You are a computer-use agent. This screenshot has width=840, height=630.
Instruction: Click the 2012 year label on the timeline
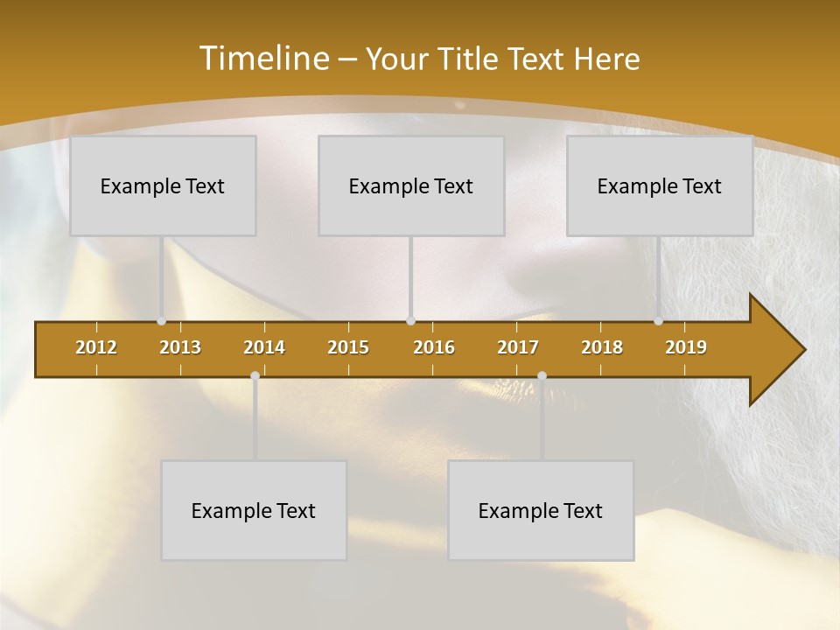pyautogui.click(x=96, y=347)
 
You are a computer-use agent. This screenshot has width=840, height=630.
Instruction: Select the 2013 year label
pyautogui.click(x=180, y=347)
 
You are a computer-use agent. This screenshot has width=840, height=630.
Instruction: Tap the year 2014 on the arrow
pyautogui.click(x=264, y=347)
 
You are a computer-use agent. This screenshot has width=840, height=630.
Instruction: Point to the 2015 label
pyautogui.click(x=348, y=347)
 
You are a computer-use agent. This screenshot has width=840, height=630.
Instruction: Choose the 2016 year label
pyautogui.click(x=434, y=347)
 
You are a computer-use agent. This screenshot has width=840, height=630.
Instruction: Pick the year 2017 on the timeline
pyautogui.click(x=518, y=347)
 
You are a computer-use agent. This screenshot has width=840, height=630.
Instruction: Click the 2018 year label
pyautogui.click(x=602, y=347)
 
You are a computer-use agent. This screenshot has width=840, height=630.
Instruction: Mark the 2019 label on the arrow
pyautogui.click(x=686, y=347)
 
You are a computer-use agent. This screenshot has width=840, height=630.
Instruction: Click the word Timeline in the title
pyautogui.click(x=263, y=59)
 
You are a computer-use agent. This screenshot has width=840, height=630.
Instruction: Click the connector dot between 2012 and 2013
pyautogui.click(x=161, y=321)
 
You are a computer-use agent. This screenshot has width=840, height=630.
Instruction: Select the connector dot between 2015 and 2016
pyautogui.click(x=411, y=321)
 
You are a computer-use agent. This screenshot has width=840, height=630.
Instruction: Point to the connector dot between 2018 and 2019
pyautogui.click(x=658, y=321)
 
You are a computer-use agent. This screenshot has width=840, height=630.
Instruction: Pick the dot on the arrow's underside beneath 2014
pyautogui.click(x=255, y=376)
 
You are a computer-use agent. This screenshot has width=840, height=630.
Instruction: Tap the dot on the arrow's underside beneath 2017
pyautogui.click(x=542, y=376)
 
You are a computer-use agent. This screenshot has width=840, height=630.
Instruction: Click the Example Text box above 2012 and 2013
pyautogui.click(x=163, y=186)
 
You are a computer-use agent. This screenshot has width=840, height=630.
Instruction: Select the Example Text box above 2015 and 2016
pyautogui.click(x=411, y=186)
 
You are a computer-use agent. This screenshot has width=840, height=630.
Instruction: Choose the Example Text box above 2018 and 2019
pyautogui.click(x=660, y=186)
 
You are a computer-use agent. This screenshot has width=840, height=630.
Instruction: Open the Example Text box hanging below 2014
pyautogui.click(x=254, y=511)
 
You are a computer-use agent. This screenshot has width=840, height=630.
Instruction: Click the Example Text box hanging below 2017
pyautogui.click(x=541, y=511)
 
